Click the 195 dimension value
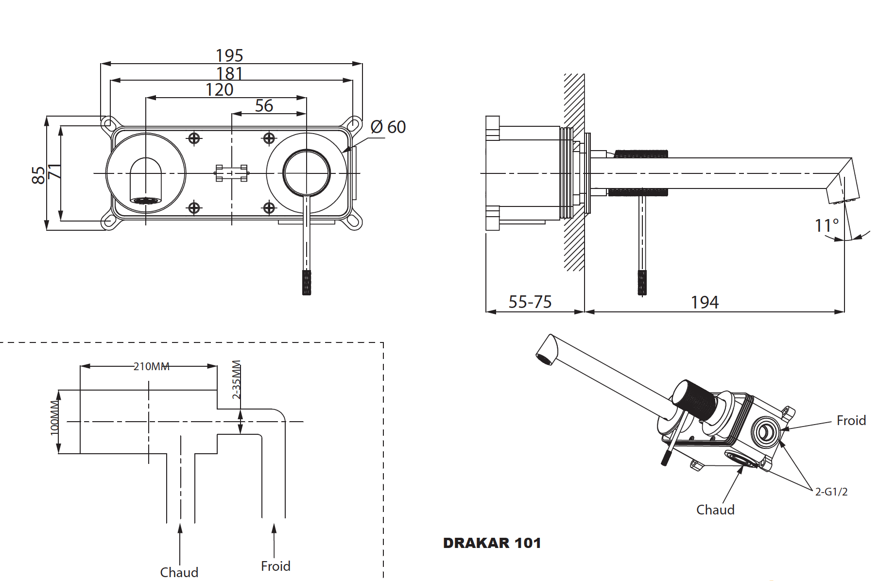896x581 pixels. coord(229,55)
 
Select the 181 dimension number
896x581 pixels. coord(229,73)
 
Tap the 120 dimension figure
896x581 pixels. coord(219,90)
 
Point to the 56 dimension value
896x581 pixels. coord(264,106)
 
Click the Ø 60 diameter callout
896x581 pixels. coord(388,127)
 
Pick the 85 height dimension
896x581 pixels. coord(38,175)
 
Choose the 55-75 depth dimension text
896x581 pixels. coord(530,302)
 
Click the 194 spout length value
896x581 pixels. coord(705,303)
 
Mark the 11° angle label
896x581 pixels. coord(827,225)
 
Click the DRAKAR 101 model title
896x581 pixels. coord(492,543)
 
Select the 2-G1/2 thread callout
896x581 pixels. coord(831,492)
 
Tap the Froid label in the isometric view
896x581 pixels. coord(851,421)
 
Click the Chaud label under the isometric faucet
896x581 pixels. coord(715,510)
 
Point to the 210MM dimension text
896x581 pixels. coord(152,366)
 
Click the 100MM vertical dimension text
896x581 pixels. coord(55,418)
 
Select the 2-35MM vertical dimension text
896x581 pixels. coord(237,379)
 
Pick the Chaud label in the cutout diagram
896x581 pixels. coord(179,572)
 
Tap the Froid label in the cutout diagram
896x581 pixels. coord(276,566)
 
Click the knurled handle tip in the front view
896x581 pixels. coord(307,283)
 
